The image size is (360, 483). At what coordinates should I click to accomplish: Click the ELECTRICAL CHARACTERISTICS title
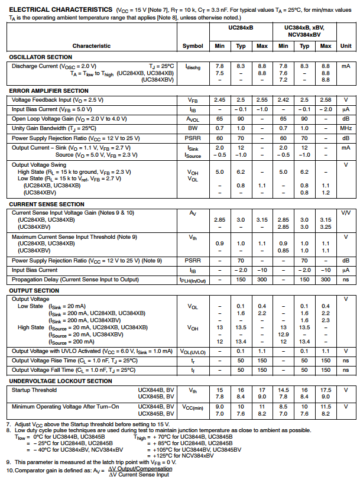[51, 10]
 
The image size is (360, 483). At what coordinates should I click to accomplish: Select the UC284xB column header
[241, 28]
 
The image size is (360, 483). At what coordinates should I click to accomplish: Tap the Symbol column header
[193, 46]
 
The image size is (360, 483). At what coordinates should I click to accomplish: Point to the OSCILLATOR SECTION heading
[40, 57]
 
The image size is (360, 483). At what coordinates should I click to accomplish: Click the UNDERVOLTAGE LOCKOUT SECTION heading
[61, 381]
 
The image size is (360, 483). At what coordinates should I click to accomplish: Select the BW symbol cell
[193, 128]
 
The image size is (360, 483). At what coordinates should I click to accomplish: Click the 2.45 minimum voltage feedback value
[220, 101]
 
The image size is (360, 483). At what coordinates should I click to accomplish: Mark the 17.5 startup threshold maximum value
[325, 390]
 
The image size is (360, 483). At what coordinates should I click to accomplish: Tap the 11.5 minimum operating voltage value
[325, 407]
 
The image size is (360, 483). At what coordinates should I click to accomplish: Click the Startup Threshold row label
[34, 390]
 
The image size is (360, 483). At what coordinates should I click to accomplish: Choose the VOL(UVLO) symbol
[193, 352]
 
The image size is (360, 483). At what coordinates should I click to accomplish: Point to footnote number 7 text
[89, 424]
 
